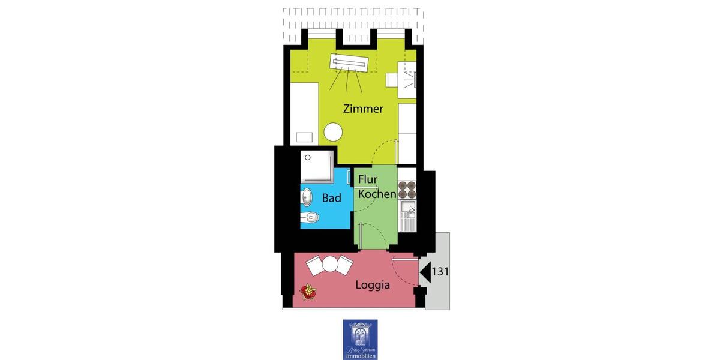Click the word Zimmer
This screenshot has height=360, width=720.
363,109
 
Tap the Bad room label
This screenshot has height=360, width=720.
331,197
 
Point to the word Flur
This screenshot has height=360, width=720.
368,179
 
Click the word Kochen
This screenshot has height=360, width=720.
377,194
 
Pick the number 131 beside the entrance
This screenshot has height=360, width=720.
440,271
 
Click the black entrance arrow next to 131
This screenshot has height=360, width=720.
425,272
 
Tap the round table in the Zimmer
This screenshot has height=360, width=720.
333,132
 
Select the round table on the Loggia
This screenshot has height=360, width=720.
329,263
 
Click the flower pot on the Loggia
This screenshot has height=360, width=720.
308,291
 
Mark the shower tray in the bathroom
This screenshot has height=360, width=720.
317,167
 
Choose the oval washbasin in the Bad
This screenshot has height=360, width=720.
307,197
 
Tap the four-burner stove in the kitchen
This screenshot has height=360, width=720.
407,189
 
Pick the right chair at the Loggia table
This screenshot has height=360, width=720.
344,265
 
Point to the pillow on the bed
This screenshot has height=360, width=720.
305,137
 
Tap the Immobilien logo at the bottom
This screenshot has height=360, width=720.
360,340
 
